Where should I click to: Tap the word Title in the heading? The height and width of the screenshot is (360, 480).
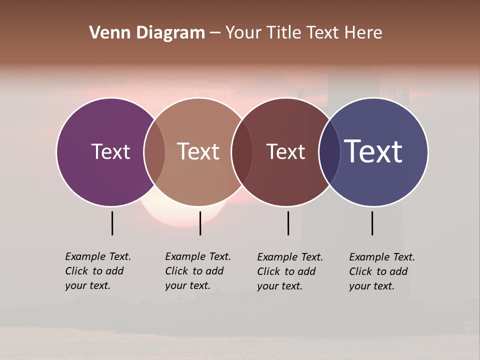click(x=283, y=33)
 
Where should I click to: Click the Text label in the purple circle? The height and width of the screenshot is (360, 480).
click(x=110, y=151)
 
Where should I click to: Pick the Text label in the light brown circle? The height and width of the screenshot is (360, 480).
click(x=198, y=151)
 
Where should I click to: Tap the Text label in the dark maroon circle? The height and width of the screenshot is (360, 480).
click(x=285, y=151)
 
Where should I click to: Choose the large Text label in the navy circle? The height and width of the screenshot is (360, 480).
click(x=373, y=151)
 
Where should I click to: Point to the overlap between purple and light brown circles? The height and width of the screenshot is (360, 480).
click(x=154, y=151)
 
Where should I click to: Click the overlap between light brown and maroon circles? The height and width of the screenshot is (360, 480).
click(x=242, y=151)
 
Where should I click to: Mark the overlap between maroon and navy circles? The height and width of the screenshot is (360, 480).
click(x=329, y=151)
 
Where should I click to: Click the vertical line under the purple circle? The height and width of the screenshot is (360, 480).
click(x=112, y=223)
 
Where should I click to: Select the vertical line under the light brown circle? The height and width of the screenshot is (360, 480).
click(x=200, y=223)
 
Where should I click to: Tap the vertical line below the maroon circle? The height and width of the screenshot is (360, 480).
click(x=288, y=223)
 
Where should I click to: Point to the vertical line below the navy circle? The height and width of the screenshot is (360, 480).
click(x=372, y=223)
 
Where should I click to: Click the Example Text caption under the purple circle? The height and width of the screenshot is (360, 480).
click(x=98, y=271)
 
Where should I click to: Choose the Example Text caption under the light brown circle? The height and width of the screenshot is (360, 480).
click(x=198, y=271)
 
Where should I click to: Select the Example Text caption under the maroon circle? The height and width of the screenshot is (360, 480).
click(x=290, y=271)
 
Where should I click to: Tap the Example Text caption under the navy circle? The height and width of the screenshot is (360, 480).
click(x=382, y=271)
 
